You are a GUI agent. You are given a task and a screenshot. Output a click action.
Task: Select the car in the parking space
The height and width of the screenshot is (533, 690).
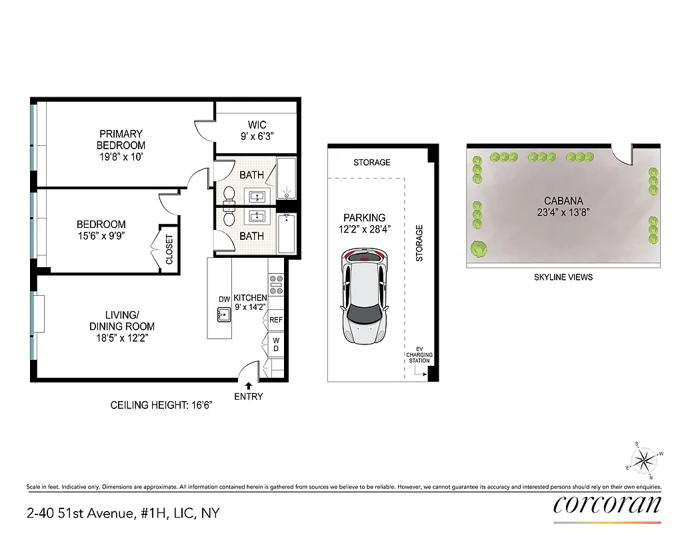pyautogui.click(x=364, y=294)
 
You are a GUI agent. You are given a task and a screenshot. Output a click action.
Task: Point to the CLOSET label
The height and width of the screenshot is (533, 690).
pyautogui.click(x=169, y=249)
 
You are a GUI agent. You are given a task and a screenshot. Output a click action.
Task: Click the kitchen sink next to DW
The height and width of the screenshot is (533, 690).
pyautogui.click(x=223, y=314)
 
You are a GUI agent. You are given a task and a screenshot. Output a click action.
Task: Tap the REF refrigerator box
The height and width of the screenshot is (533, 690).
pyautogui.click(x=276, y=320)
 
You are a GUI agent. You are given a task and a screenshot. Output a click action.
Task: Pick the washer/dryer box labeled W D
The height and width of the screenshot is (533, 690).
pyautogui.click(x=276, y=345)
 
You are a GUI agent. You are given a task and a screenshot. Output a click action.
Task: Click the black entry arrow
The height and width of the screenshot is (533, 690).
pyautogui.click(x=249, y=385)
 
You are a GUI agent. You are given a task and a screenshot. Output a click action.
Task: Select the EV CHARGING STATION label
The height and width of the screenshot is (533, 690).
pyautogui.click(x=420, y=354)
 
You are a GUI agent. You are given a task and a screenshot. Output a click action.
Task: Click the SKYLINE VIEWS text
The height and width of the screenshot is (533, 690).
pyautogui.click(x=563, y=277)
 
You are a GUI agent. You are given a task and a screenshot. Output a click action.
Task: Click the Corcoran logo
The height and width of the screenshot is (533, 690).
pyautogui.click(x=607, y=504)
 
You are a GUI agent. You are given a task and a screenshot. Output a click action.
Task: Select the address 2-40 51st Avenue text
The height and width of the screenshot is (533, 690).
pyautogui.click(x=123, y=514)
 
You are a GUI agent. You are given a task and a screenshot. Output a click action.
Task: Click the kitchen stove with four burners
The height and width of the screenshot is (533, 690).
pyautogui.click(x=277, y=286)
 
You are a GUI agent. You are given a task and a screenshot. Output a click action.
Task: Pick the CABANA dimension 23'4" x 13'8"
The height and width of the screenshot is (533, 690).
pyautogui.click(x=563, y=213)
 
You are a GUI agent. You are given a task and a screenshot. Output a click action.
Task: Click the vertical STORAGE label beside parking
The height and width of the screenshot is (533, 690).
pyautogui.click(x=419, y=243)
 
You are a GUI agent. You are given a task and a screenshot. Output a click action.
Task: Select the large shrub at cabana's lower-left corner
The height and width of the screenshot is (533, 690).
pyautogui.click(x=477, y=249)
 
